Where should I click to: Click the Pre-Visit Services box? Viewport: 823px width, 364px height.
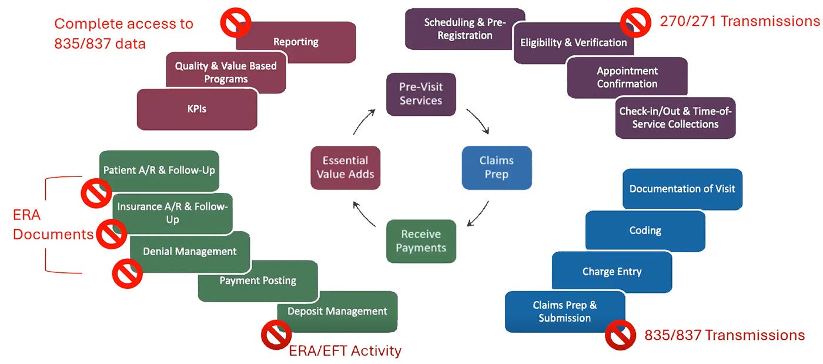coord(421,94)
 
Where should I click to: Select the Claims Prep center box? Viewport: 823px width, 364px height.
coord(497,168)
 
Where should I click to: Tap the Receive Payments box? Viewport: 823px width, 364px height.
coord(421,241)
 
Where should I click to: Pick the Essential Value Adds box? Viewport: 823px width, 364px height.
coord(345,168)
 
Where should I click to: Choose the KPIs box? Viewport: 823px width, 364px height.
coord(197,109)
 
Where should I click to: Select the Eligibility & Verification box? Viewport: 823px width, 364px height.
coord(573,43)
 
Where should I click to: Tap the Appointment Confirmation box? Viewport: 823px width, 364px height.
coord(627,77)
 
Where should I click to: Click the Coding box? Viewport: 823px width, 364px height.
coord(645,231)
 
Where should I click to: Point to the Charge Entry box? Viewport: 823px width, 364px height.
coord(611,272)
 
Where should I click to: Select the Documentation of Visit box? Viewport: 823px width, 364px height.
coord(682,189)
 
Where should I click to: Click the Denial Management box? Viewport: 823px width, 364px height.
coord(190,252)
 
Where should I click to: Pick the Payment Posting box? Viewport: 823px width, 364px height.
coord(257,281)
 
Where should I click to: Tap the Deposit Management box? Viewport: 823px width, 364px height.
coord(337,312)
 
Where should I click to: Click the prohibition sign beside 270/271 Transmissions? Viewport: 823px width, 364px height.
coord(636,22)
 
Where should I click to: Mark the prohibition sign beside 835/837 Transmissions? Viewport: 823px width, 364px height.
coord(621,335)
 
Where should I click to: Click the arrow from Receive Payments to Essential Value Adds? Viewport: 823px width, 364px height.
coord(364,214)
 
